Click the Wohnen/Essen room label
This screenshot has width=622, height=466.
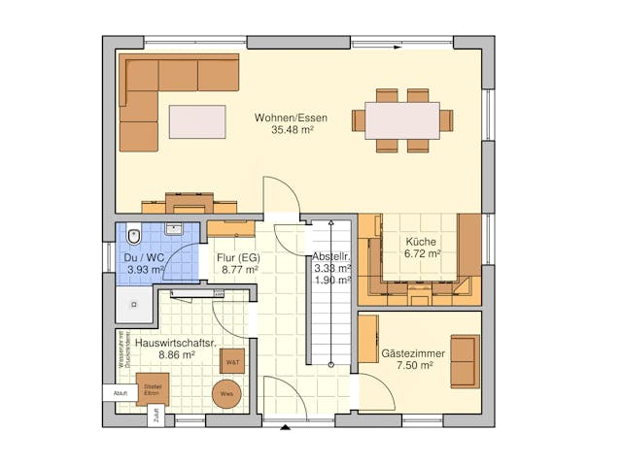click(291, 118)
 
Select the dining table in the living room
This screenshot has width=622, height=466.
click(402, 120)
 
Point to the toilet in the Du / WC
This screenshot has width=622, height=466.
click(133, 237)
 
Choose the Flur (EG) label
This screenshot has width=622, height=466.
click(238, 256)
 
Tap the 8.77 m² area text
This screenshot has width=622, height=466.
click(238, 270)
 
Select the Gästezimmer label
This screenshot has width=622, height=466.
click(413, 353)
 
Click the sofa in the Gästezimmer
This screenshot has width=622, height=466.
click(464, 361)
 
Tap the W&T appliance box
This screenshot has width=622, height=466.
click(232, 361)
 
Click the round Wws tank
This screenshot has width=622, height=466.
click(226, 393)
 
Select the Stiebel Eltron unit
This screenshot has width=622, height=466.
click(152, 388)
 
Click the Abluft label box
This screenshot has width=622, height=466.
click(120, 393)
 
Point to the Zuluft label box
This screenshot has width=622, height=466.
click(155, 418)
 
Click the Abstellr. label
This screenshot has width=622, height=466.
click(330, 256)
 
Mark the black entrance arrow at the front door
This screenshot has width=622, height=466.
click(285, 425)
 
